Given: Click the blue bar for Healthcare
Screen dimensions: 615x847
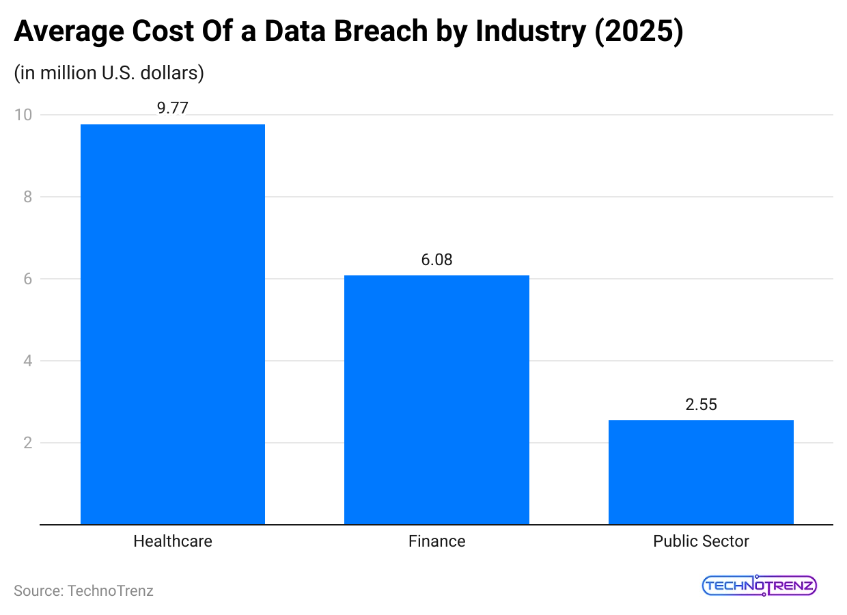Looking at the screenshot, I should [173, 325].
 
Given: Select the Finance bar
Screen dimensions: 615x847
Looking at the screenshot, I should [436, 400].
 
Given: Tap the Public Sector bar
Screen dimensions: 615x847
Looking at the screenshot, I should [701, 472].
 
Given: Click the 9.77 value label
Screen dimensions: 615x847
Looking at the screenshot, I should [172, 108].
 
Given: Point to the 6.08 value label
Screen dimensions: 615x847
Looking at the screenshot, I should [436, 260].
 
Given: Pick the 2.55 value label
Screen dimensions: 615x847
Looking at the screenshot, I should [701, 405].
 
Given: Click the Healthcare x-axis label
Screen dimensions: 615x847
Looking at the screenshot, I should [173, 541].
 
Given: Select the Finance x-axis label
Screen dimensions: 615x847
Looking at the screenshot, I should [436, 541].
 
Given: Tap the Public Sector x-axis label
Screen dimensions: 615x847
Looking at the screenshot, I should [701, 541].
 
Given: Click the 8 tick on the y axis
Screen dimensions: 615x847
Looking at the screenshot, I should [27, 197].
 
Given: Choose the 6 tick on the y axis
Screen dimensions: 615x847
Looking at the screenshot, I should [27, 279].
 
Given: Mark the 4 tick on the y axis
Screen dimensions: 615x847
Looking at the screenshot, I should [27, 361].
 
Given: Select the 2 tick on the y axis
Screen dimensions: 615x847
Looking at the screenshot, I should [27, 443].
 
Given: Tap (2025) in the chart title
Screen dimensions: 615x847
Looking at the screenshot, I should [638, 33].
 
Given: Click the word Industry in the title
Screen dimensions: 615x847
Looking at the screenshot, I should [531, 33].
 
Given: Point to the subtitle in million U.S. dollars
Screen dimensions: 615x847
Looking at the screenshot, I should [109, 73].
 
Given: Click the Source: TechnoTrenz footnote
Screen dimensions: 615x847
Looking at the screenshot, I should [83, 590].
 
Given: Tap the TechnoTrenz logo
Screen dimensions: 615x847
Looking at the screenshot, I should [759, 586].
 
